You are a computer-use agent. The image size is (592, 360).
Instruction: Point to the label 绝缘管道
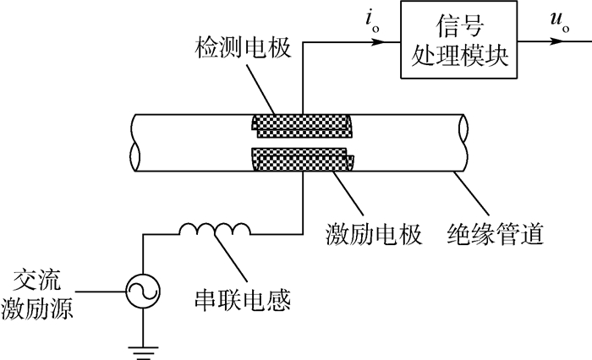point(495,232)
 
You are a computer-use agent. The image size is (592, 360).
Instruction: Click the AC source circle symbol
point(141,292)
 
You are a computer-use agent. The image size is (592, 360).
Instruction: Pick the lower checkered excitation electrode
point(301,157)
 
